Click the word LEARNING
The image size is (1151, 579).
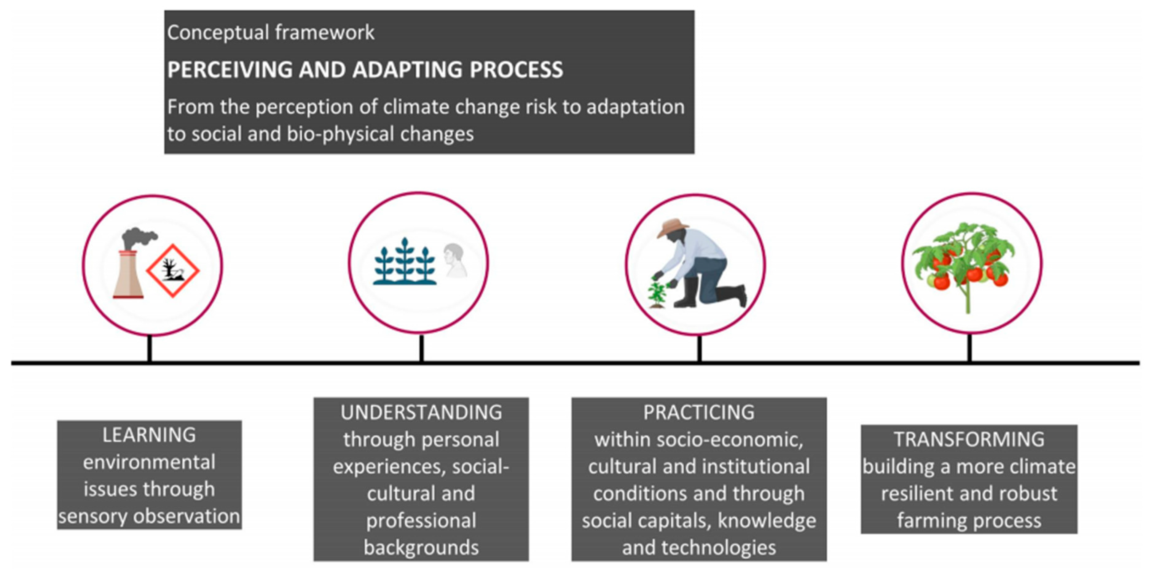[x=149, y=435]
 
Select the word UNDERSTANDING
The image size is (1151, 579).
[x=421, y=412]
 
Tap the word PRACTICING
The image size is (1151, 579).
[x=699, y=412]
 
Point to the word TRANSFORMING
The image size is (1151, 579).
[x=969, y=439]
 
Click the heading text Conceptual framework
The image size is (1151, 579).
[x=271, y=33]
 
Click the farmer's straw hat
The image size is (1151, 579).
[x=673, y=227]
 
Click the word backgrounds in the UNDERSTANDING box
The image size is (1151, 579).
[x=421, y=548]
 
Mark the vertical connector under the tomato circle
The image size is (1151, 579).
[x=970, y=348]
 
